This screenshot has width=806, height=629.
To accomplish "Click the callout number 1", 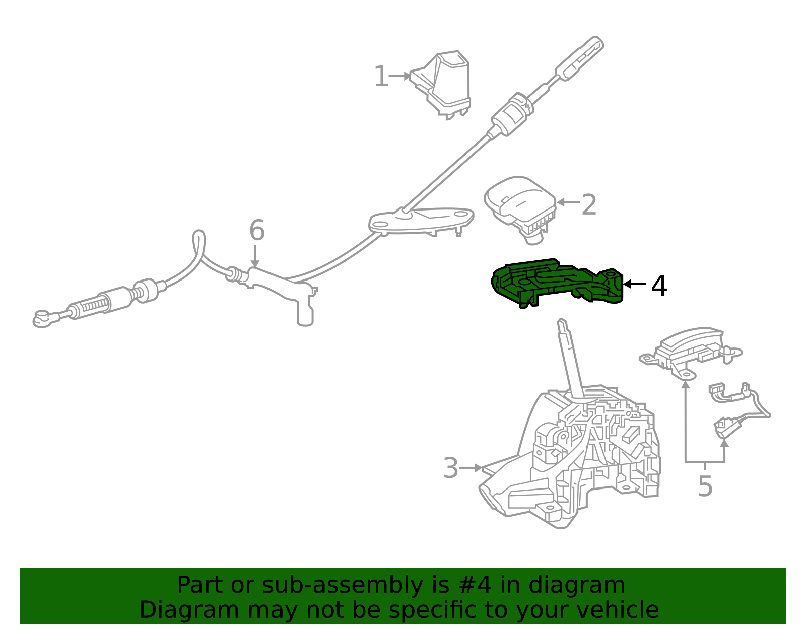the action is tap(381, 77).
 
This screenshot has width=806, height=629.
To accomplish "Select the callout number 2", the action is tap(589, 204).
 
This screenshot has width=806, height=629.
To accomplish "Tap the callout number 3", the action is tap(451, 468).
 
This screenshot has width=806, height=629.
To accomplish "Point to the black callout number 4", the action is tap(659, 286).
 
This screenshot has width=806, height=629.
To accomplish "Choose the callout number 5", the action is tap(705, 486).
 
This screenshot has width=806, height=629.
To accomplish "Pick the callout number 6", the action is tap(257, 230).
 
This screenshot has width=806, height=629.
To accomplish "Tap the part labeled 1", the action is tap(441, 85).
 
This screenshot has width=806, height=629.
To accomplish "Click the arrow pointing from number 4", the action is tap(635, 284).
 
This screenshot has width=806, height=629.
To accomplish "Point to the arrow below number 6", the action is tap(255, 256).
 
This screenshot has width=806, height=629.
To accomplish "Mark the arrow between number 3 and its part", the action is tap(471, 468).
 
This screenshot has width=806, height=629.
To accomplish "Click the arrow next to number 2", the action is tap(568, 202).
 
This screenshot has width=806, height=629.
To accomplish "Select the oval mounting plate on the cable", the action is tap(421, 221).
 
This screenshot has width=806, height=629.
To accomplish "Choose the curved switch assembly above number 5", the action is tap(690, 352).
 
